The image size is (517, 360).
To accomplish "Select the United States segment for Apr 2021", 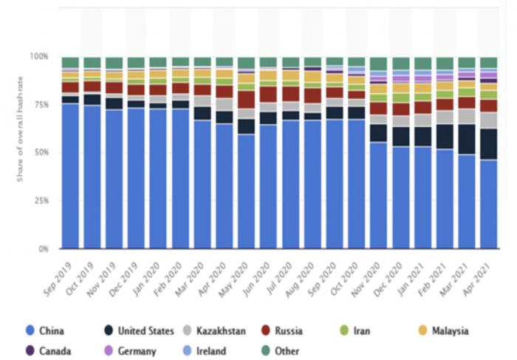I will [x=489, y=144].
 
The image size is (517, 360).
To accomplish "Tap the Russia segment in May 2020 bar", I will [x=247, y=99].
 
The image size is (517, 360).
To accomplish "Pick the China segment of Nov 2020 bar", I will [x=379, y=195].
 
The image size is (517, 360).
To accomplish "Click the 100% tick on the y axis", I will [x=40, y=57].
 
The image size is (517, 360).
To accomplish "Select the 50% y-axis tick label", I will [x=41, y=152].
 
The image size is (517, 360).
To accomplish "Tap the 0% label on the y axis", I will [x=44, y=248].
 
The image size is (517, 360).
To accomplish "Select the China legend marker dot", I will [x=30, y=331].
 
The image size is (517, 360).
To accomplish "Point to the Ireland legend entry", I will [x=206, y=351].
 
